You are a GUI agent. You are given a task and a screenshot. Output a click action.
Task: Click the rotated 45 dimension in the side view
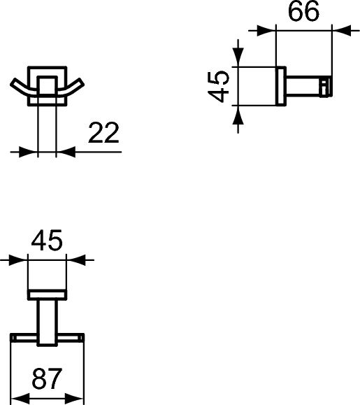tap(220, 86)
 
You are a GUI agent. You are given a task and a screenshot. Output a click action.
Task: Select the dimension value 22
tap(103, 133)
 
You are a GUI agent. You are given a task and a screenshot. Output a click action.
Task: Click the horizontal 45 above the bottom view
tap(48, 241)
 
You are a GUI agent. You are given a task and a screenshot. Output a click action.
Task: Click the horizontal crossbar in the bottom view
tap(48, 339)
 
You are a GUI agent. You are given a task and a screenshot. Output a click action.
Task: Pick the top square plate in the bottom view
tap(48, 293)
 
